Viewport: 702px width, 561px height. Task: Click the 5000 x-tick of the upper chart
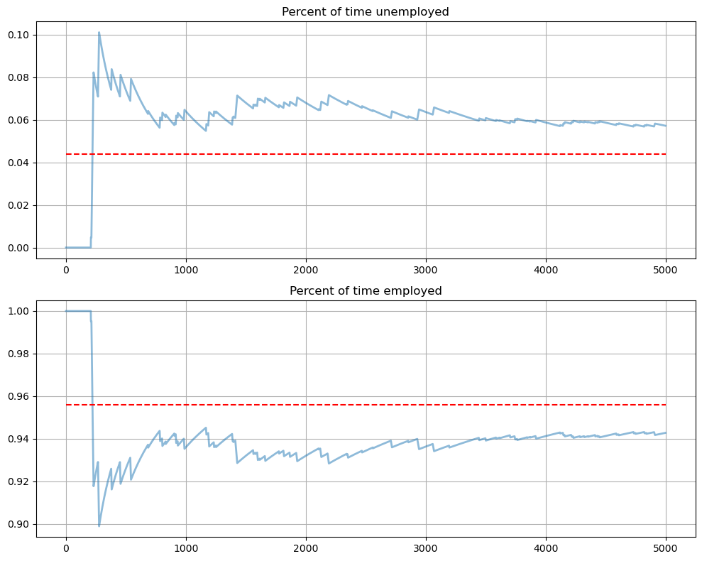pos(666,270)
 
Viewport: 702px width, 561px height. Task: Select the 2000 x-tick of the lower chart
pos(306,548)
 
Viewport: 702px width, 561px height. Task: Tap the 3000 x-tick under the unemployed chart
pos(426,270)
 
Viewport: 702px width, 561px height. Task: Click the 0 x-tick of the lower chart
pos(66,548)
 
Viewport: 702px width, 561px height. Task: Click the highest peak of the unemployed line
pos(99,33)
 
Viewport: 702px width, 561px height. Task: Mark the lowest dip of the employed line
pos(99,525)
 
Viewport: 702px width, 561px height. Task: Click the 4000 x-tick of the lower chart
pos(546,548)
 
